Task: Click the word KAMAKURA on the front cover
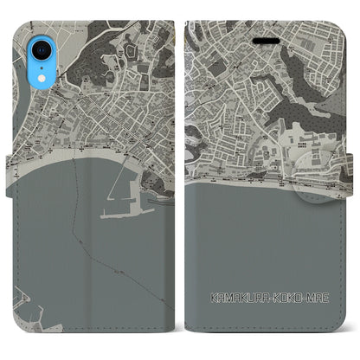tap(228, 297)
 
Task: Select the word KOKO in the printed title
tap(279, 297)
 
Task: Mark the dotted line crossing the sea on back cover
tap(79, 225)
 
